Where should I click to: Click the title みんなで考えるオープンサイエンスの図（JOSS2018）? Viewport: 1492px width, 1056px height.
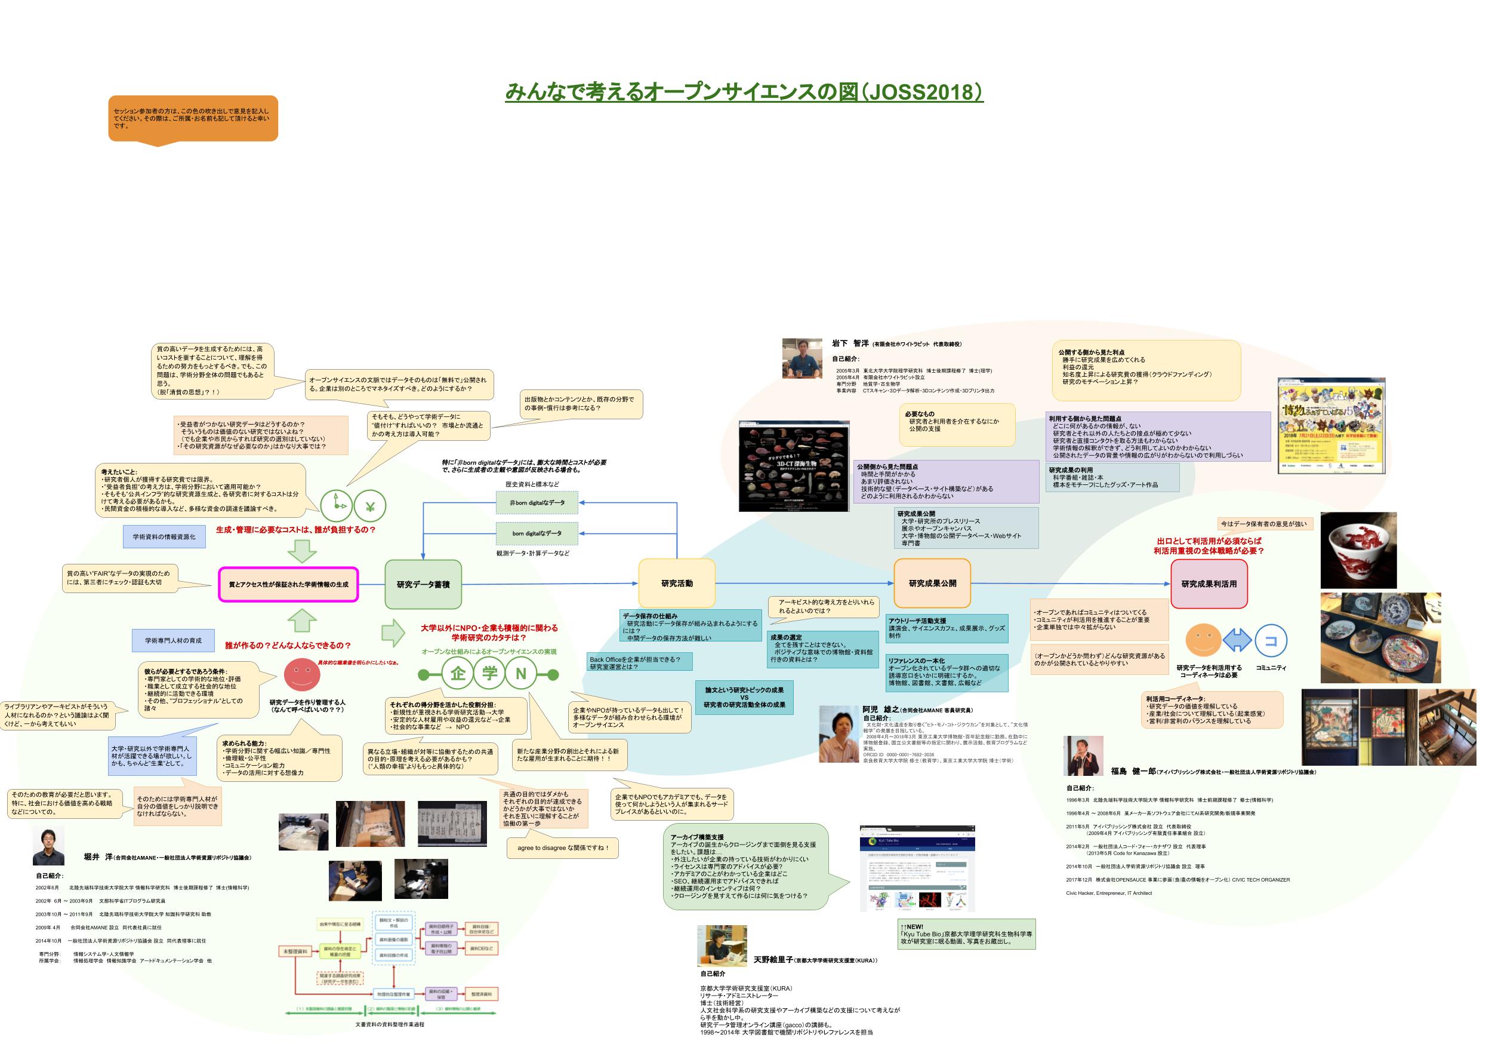click(x=744, y=92)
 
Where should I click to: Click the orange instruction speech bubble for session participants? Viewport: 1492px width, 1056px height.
click(x=193, y=118)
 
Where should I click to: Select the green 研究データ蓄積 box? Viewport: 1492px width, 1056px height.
click(x=423, y=584)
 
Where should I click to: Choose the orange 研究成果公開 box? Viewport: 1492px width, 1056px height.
click(x=932, y=584)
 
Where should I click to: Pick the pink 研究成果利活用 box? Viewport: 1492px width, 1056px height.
click(x=1209, y=584)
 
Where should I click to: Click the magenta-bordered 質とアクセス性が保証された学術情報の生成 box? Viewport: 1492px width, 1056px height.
click(x=288, y=584)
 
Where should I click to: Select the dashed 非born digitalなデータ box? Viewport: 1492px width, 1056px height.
click(x=537, y=503)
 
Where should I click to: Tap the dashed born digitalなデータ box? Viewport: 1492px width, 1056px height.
click(x=537, y=533)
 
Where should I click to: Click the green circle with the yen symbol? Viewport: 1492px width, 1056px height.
click(x=370, y=506)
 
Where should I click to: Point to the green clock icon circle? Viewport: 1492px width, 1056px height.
click(x=337, y=506)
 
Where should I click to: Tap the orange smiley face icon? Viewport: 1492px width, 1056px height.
click(x=1204, y=640)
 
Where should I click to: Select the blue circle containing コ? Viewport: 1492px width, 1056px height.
click(x=1271, y=641)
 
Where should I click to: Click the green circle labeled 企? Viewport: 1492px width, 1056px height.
click(x=458, y=674)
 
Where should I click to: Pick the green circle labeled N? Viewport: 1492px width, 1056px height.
click(x=520, y=674)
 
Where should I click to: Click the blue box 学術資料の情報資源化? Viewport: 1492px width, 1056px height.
click(x=164, y=536)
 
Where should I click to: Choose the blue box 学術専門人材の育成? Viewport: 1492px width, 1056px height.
click(x=173, y=640)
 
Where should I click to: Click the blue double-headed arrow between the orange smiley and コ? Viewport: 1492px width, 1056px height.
click(x=1237, y=641)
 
